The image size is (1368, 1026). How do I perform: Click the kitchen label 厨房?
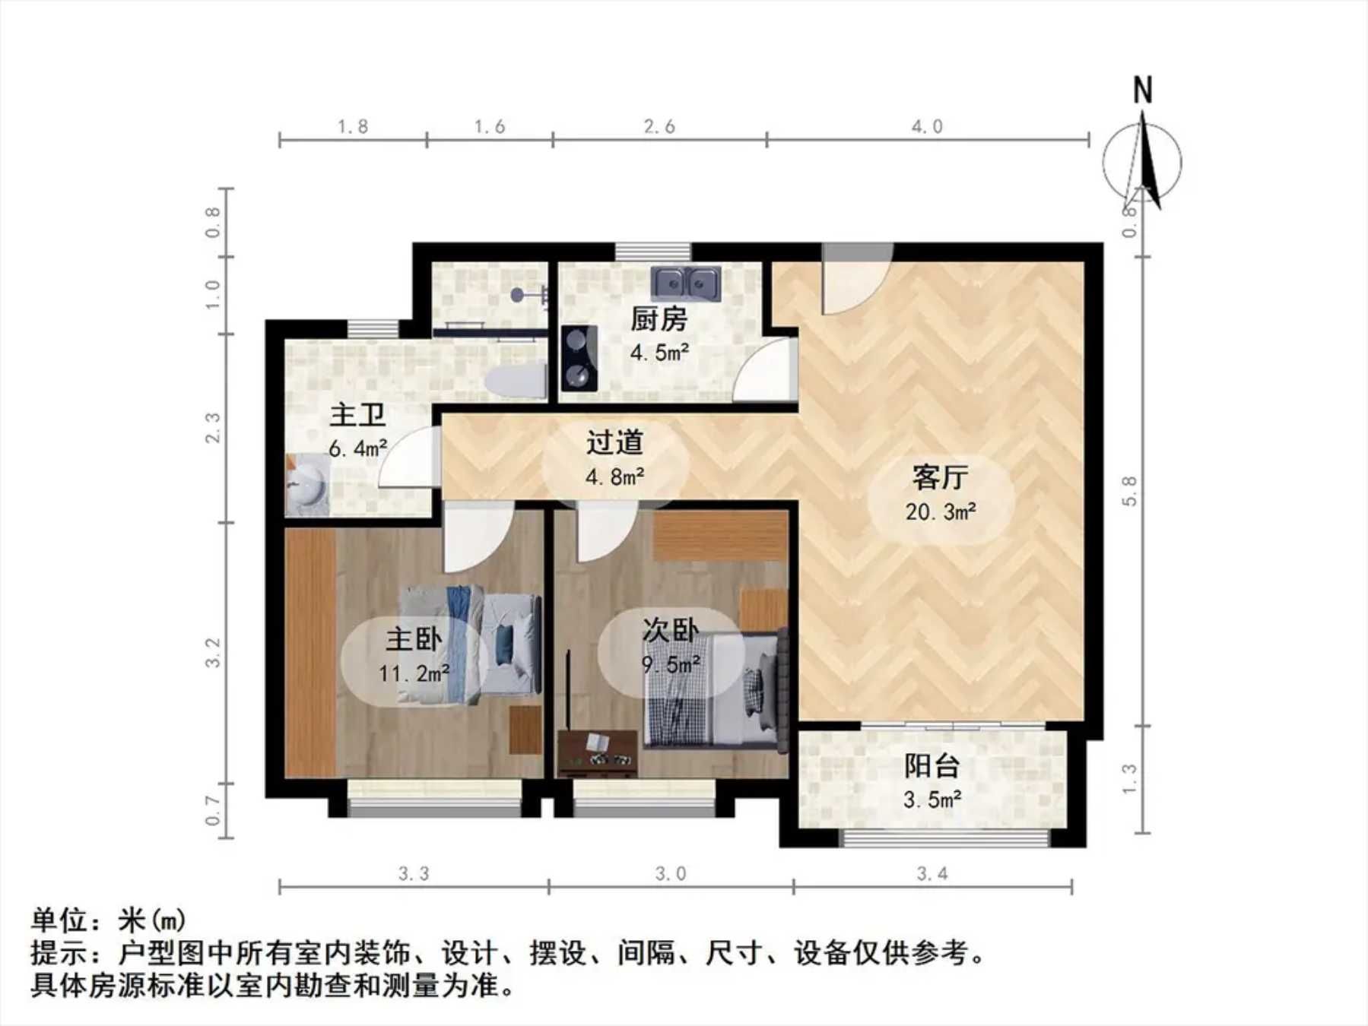(x=659, y=319)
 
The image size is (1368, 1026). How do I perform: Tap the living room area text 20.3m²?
(x=941, y=512)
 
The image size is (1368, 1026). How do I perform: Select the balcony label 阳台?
(x=932, y=766)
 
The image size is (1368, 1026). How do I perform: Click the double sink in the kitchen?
(x=687, y=283)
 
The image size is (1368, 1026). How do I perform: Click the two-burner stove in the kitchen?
(x=579, y=357)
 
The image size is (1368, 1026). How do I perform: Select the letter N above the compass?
(x=1142, y=90)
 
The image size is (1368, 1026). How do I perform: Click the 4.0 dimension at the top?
(x=927, y=126)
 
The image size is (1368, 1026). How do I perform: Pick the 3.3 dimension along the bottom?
(x=414, y=874)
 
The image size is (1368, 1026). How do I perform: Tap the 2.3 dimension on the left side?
(x=213, y=428)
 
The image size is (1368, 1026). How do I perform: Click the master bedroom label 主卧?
(x=414, y=639)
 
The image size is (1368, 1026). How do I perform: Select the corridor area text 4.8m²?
(x=615, y=477)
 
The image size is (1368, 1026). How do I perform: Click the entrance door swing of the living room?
(x=858, y=278)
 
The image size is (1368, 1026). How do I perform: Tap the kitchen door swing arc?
(x=764, y=369)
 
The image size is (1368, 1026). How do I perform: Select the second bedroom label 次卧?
(x=670, y=630)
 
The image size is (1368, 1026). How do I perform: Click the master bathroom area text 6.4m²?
(x=358, y=448)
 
